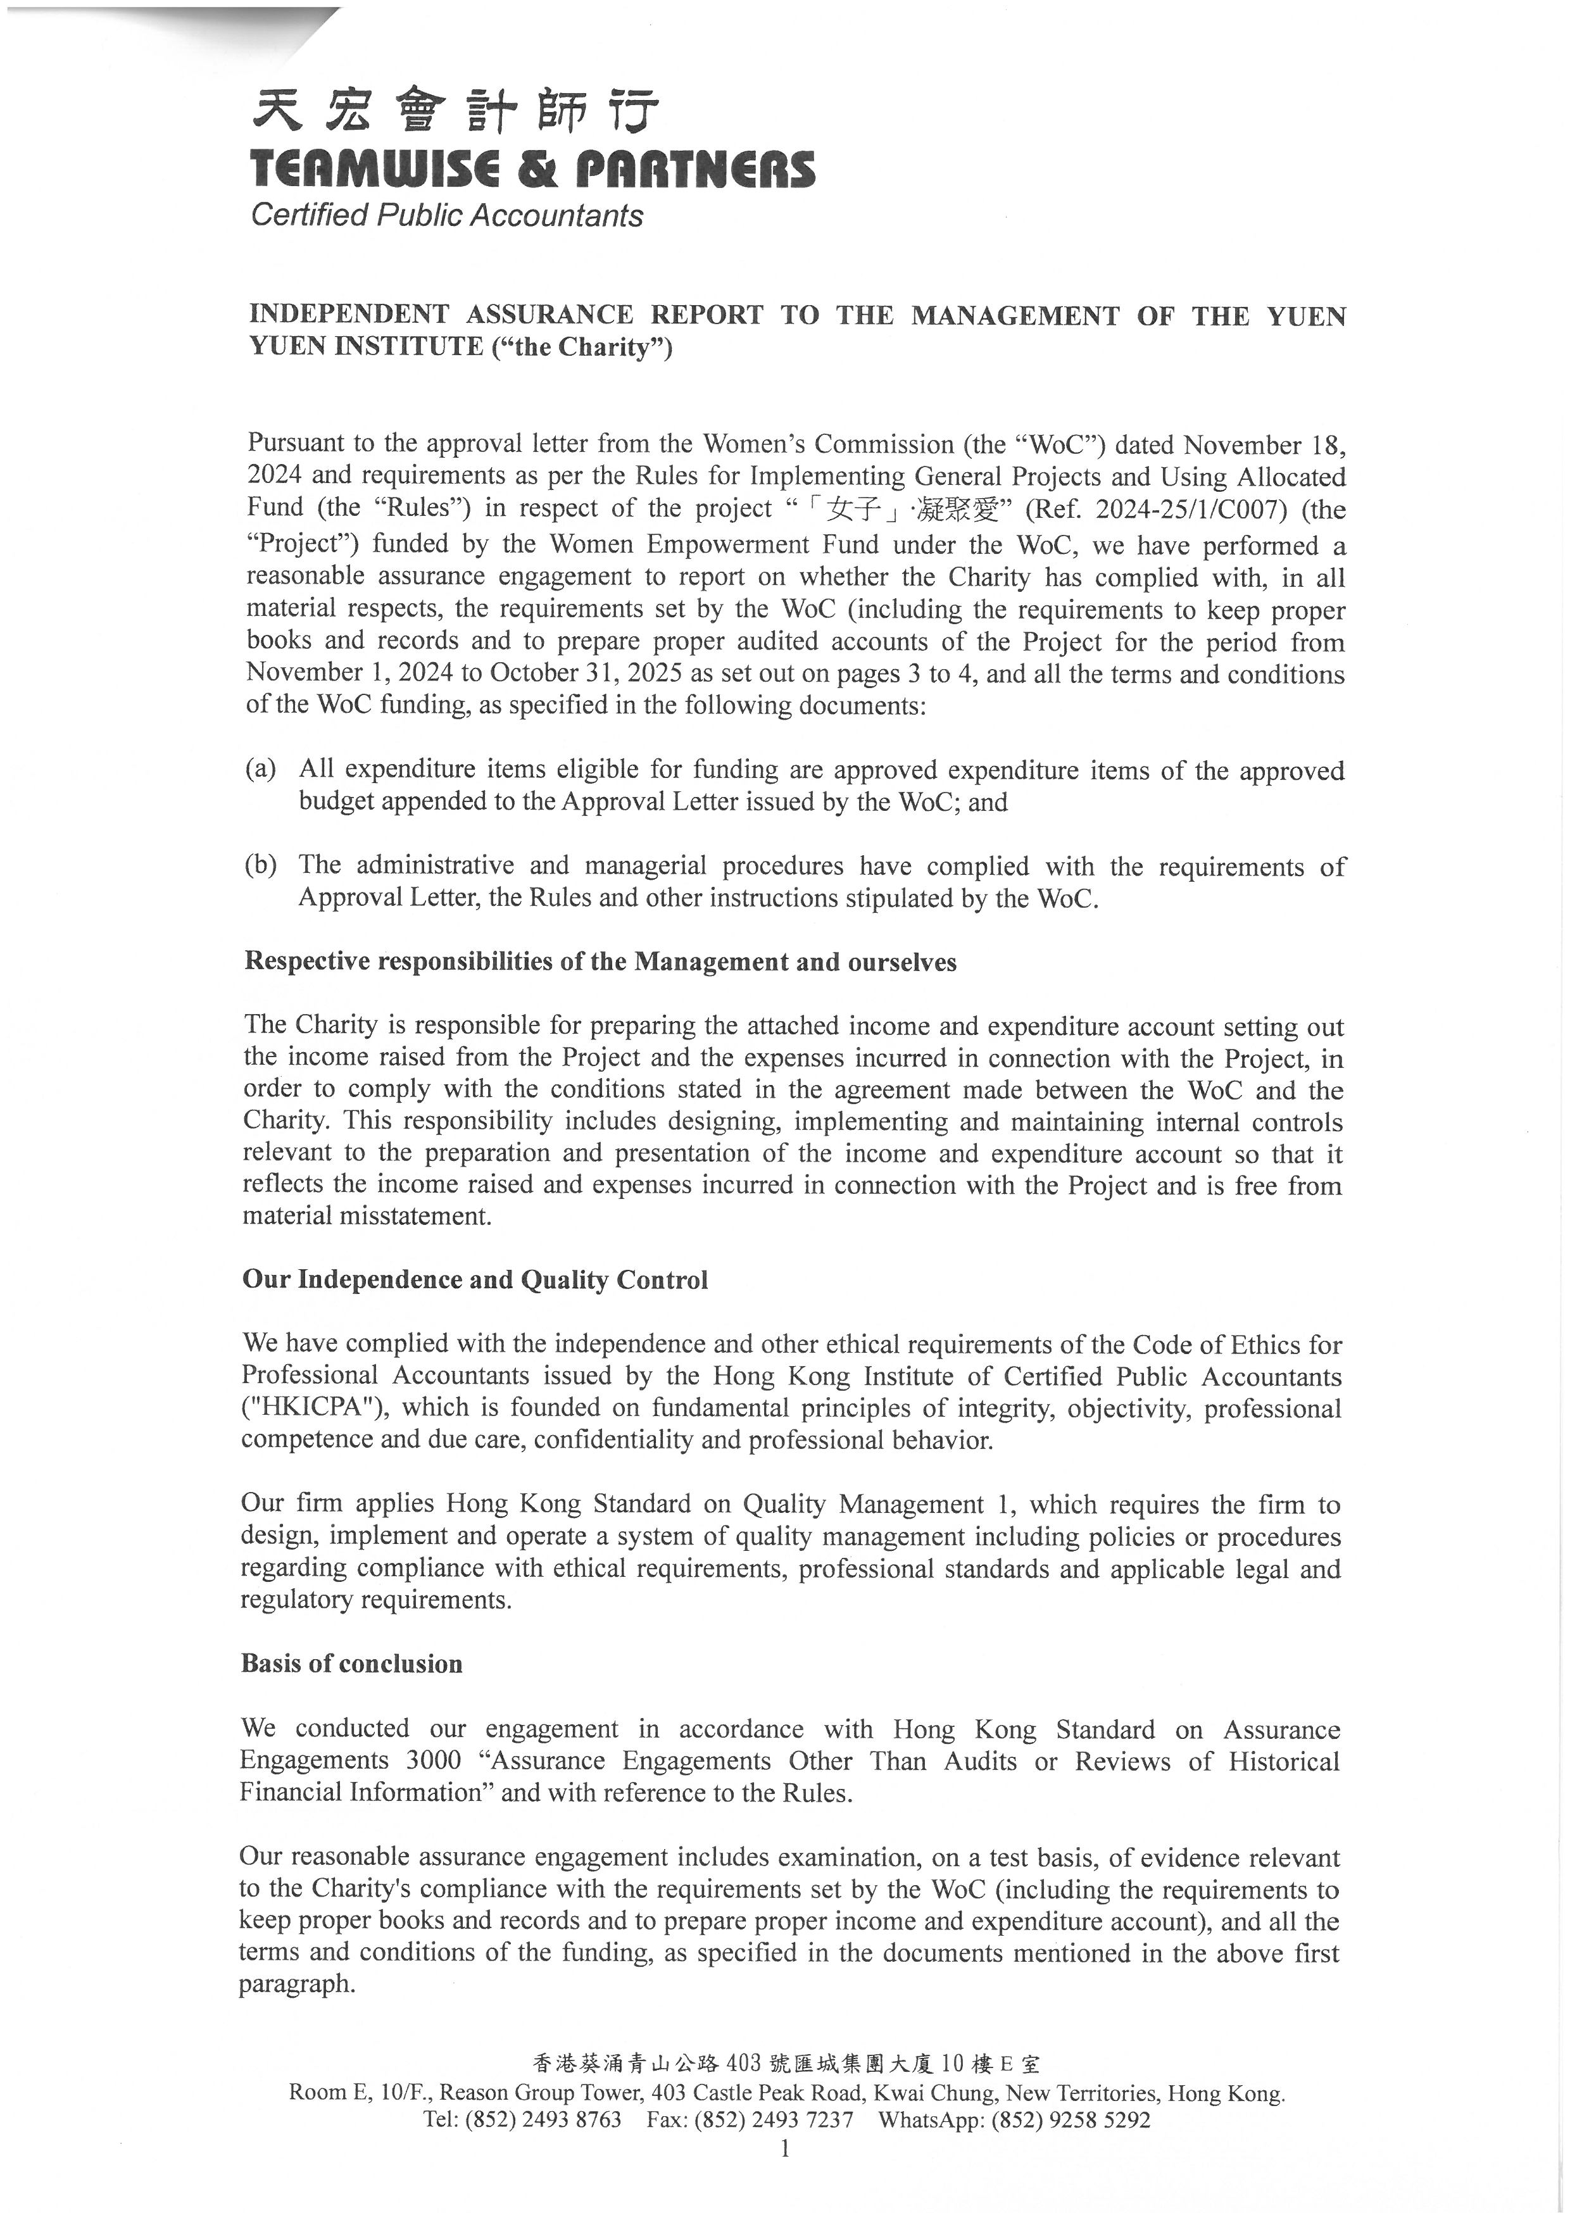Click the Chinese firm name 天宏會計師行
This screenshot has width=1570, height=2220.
455,111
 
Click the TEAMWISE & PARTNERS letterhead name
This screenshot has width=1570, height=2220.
532,168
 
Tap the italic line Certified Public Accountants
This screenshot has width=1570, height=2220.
447,215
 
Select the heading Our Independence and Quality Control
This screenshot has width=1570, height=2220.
475,1279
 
